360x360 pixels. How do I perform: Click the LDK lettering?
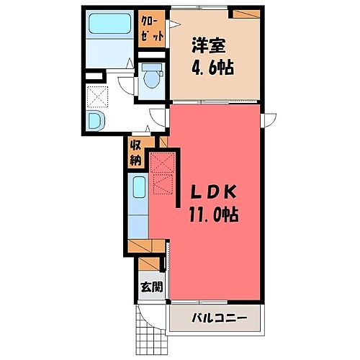pos(212,192)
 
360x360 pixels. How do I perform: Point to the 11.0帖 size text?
pos(212,214)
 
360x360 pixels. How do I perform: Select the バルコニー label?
pos(219,317)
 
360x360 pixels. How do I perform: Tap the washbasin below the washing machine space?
pos(96,120)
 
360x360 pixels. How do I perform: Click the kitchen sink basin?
pos(140,189)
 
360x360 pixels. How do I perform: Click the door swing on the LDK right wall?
pos(269,120)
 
